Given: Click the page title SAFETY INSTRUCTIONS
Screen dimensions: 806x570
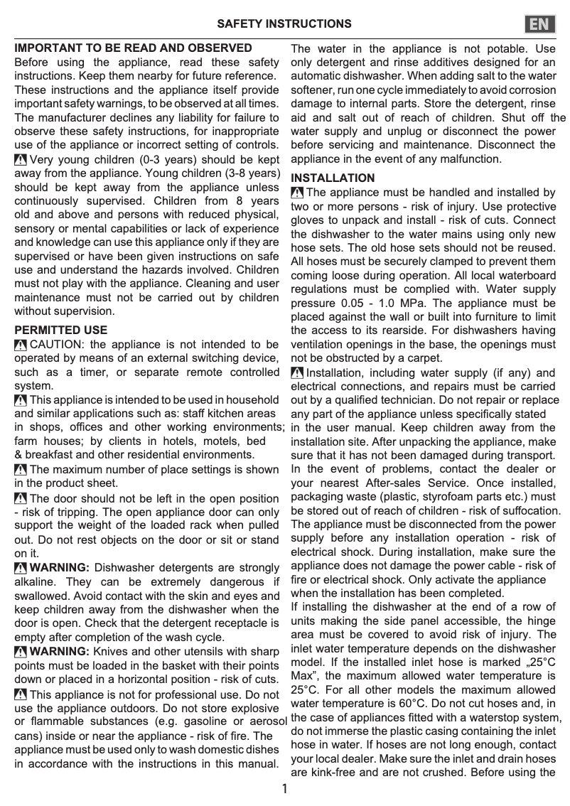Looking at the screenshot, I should (284, 24).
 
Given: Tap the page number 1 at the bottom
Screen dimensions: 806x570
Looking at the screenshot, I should (284, 789).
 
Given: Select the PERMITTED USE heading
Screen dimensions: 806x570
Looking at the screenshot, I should (61, 331).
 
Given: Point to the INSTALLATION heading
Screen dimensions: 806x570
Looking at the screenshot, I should (333, 178).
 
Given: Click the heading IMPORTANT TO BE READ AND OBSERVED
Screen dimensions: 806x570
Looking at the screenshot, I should (134, 48).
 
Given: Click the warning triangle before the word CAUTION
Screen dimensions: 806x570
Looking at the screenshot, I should (21, 345).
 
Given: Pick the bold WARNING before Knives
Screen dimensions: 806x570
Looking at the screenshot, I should (60, 652).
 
